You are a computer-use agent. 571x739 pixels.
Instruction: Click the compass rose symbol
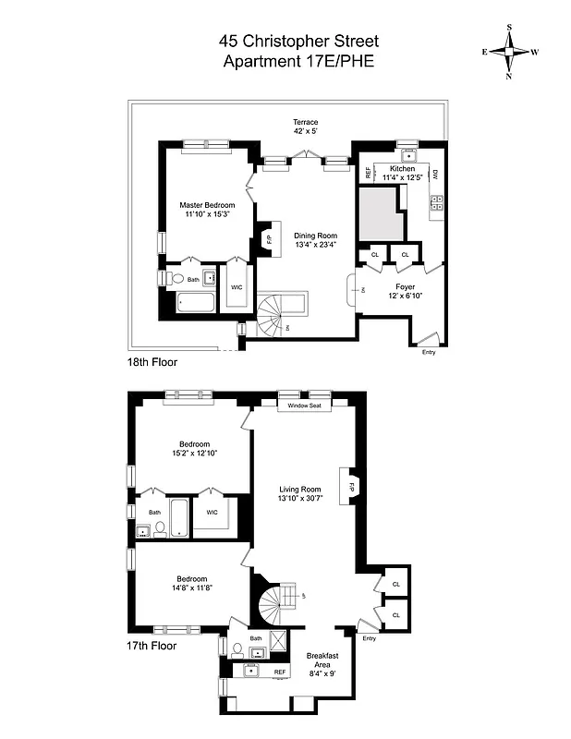click(509, 52)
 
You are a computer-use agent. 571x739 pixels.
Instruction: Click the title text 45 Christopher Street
click(285, 41)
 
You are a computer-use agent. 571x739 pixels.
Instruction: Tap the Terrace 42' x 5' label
click(306, 127)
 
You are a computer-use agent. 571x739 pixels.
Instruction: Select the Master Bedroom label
click(207, 209)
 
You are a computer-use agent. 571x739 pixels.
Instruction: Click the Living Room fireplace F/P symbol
click(351, 487)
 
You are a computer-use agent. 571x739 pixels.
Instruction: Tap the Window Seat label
click(303, 406)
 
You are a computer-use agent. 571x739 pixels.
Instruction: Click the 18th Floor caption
click(152, 363)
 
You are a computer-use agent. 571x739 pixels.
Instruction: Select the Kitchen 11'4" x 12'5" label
click(404, 173)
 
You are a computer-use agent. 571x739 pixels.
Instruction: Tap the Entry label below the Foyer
click(428, 352)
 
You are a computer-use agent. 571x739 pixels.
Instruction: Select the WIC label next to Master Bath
click(237, 287)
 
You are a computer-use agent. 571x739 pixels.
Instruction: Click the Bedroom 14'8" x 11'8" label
click(193, 584)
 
